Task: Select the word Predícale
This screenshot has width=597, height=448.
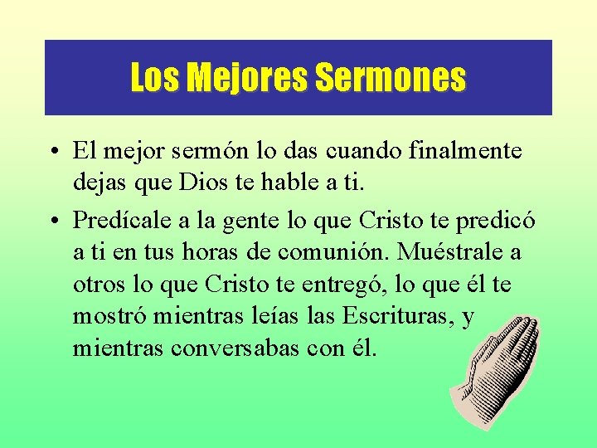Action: [x=114, y=221]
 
